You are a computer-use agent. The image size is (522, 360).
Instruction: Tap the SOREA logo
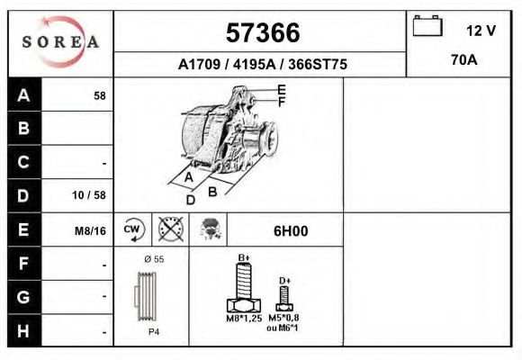tap(60, 42)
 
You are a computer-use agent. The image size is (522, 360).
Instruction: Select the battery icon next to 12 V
tap(426, 28)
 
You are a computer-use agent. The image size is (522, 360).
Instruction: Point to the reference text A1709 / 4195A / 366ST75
tap(261, 65)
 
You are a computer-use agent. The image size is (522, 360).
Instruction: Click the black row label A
tap(24, 95)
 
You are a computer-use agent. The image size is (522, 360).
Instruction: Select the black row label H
tap(24, 330)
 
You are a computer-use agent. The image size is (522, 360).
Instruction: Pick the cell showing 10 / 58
tap(89, 195)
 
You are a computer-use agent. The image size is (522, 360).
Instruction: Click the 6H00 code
tap(291, 230)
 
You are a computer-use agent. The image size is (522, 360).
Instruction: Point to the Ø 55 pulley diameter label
tap(153, 259)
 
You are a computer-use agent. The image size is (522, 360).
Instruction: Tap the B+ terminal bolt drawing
tap(243, 288)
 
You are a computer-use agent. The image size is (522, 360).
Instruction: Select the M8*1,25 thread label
tap(243, 319)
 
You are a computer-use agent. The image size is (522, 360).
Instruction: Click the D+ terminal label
tap(284, 281)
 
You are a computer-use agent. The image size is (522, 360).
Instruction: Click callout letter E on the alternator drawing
tap(281, 89)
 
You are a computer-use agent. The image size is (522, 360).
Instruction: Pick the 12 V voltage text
tap(481, 31)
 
